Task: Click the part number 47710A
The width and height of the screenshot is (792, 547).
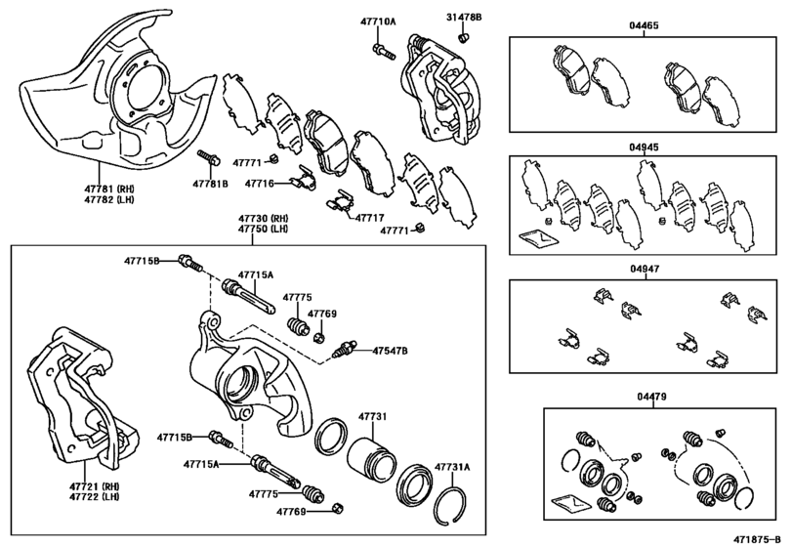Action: (377, 20)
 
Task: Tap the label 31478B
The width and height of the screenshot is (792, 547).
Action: (465, 18)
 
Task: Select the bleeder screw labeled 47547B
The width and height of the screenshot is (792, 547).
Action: (345, 349)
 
